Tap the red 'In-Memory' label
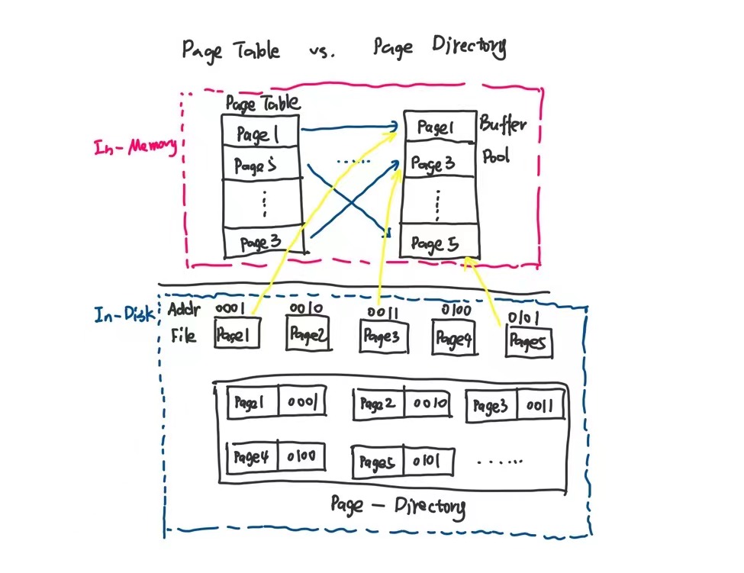(x=135, y=146)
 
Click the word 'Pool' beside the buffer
(x=497, y=157)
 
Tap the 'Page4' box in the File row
(x=453, y=338)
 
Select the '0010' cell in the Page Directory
(x=431, y=404)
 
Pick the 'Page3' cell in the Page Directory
(x=491, y=406)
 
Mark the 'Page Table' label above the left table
(x=262, y=103)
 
